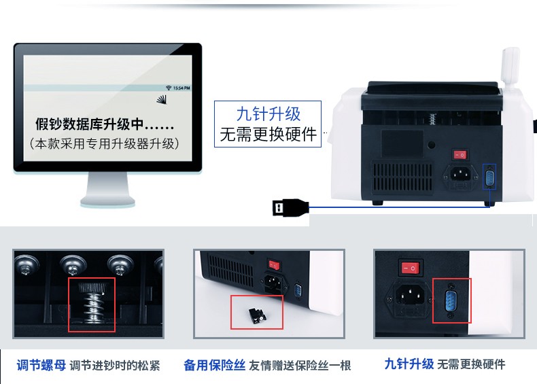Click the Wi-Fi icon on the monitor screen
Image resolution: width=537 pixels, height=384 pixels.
coord(168,88)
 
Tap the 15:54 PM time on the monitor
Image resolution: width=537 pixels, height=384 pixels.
coord(181,88)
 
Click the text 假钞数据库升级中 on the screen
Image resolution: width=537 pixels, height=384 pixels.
coord(89,124)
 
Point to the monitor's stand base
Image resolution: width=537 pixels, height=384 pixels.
coord(107,201)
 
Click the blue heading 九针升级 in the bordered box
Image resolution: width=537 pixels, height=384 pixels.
coord(268,114)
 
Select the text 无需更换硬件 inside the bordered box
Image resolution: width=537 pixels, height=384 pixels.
coord(268,135)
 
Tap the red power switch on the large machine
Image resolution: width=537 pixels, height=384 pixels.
coord(460,155)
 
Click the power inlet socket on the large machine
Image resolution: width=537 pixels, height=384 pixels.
coord(460,175)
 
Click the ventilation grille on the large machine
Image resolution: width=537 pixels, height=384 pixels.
coord(402,177)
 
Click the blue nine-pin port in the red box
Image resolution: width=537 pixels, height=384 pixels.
coord(451,300)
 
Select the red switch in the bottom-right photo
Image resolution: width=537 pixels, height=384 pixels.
coord(410,268)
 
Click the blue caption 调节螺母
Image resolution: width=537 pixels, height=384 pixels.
coord(41,365)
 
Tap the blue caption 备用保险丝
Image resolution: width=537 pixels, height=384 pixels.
coord(214,365)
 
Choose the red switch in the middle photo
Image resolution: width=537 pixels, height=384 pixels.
coord(275,264)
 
